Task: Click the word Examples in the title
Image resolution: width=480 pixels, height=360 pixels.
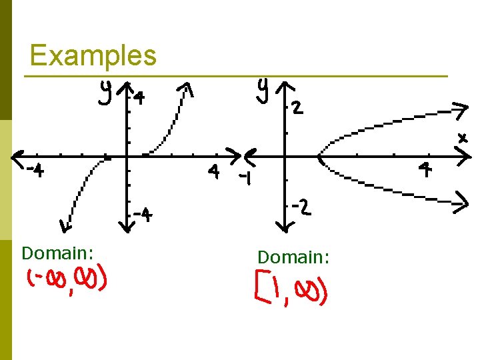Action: pyautogui.click(x=93, y=55)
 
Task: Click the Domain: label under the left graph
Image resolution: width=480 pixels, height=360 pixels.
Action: pyautogui.click(x=57, y=253)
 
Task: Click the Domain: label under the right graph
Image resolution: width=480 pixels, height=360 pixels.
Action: pyautogui.click(x=293, y=257)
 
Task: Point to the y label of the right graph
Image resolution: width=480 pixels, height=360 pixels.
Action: pyautogui.click(x=265, y=91)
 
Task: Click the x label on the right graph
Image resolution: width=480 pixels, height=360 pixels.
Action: pyautogui.click(x=462, y=139)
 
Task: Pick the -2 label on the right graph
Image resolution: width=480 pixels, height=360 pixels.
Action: pyautogui.click(x=300, y=209)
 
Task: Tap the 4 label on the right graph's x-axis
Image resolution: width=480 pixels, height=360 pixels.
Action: pyautogui.click(x=425, y=170)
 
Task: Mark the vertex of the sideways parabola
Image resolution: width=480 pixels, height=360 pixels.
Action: pyautogui.click(x=321, y=159)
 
